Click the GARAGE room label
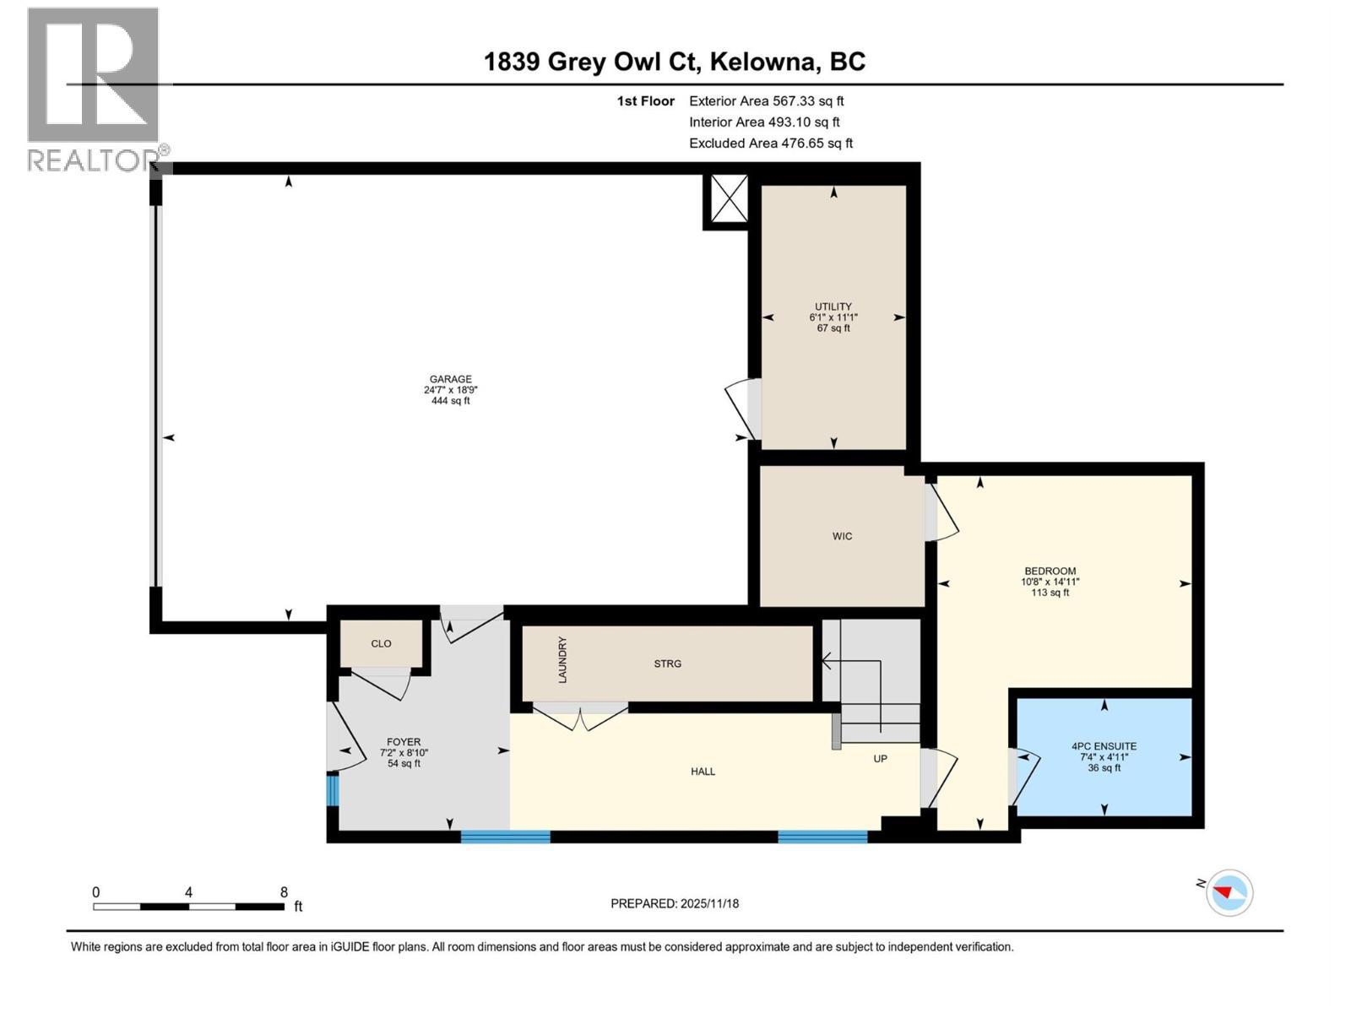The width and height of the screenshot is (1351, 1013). coord(450,380)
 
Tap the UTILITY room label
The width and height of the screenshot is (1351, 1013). coord(833,307)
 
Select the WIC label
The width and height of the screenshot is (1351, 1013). coord(842,537)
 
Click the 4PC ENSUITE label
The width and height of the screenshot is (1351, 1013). coord(1104,747)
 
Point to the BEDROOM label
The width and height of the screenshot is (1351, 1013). coord(1050,572)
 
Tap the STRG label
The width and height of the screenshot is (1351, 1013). coord(667,664)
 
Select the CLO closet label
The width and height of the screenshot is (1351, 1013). coord(381,644)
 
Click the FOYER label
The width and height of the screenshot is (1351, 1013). coord(404,743)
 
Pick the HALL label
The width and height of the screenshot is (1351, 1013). coord(703,772)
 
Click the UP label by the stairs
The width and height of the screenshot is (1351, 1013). coord(880,759)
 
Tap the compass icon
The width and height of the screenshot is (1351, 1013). coord(1229,892)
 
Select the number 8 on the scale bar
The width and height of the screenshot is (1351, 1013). coord(284,892)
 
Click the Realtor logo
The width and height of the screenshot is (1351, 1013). coord(93,89)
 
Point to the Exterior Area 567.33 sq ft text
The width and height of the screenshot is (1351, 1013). coord(766,101)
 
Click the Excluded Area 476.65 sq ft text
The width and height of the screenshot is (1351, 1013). coord(770,144)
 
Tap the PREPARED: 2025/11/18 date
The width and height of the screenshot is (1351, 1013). coord(675,904)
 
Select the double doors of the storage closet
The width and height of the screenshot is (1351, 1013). coord(580,718)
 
